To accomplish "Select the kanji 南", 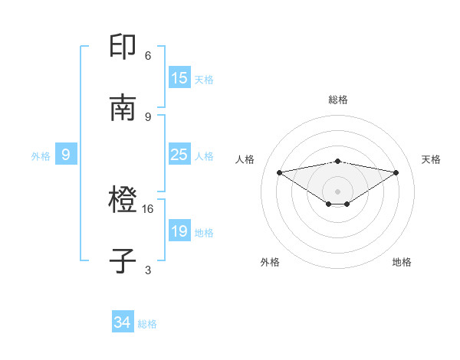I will pos(123,108).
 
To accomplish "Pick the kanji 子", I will pos(123,261).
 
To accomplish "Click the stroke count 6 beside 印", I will pos(148,55).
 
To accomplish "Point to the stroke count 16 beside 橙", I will pos(148,208).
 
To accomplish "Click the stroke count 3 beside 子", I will pos(148,270).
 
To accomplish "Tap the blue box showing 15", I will pos(179,78).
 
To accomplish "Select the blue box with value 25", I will pos(179,155).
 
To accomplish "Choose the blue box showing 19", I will pos(179,231).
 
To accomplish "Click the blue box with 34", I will pos(123,322).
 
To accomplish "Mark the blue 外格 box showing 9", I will pos(66,155).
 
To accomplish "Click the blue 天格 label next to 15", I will pos(204,79).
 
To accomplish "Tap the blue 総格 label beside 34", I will pos(147,324).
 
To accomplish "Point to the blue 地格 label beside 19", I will pos(204,232).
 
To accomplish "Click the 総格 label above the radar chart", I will pos(337,100).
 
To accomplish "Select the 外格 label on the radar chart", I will pos(270,262).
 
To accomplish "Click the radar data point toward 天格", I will pos(396,172).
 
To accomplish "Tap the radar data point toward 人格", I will pos(279,172).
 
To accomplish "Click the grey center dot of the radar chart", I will pos(337,191).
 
